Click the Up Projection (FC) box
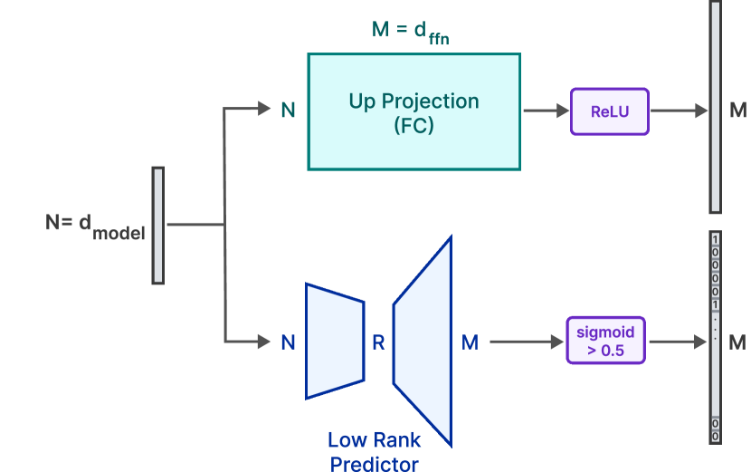click(414, 111)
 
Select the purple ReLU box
click(609, 111)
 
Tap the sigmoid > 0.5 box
click(605, 341)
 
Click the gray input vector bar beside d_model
click(158, 225)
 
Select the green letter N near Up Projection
click(288, 111)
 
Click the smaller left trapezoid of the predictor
click(334, 341)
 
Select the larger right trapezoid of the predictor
click(423, 341)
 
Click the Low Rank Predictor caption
click(374, 451)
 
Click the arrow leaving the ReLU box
click(679, 111)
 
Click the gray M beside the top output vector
click(737, 111)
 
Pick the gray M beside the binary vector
click(737, 342)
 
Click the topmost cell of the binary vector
click(715, 239)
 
